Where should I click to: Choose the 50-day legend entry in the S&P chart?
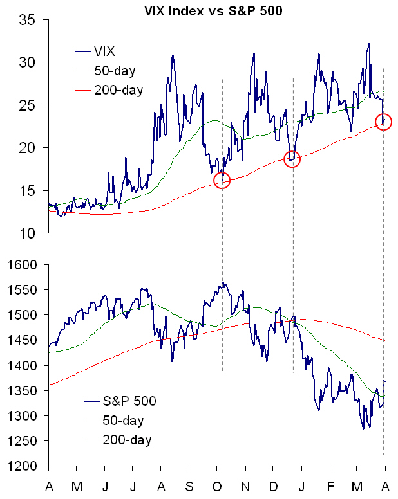point(122,421)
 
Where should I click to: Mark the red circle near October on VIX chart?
point(222,180)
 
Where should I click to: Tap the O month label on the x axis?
point(216,485)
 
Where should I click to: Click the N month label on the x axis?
point(245,485)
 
